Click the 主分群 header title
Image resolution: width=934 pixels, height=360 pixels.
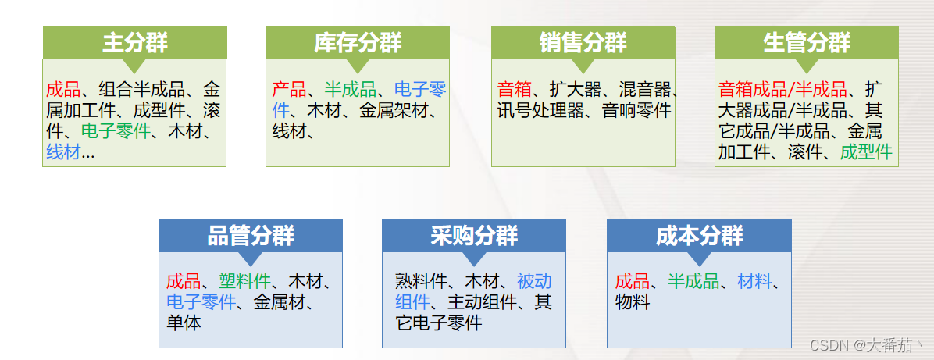coord(134,43)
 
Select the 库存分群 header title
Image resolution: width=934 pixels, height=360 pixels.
coord(358,43)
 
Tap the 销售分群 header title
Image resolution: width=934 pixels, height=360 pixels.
coord(583,43)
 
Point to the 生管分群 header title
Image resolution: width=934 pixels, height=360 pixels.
coord(807,43)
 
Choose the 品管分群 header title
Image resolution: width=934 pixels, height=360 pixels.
coord(251,236)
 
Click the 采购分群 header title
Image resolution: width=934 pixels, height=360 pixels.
coord(474,236)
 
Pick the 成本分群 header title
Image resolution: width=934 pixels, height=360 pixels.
coord(699,236)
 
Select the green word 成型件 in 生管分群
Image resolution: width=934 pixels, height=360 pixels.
coord(866,151)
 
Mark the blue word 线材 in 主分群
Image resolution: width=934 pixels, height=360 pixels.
coord(63,153)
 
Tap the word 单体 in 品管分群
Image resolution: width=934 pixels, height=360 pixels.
coord(184,322)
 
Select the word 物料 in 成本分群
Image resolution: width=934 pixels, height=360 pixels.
coord(632,301)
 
